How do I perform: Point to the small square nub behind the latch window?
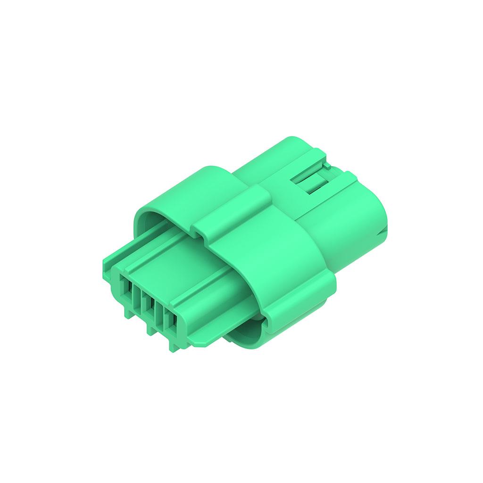point(327,166)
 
